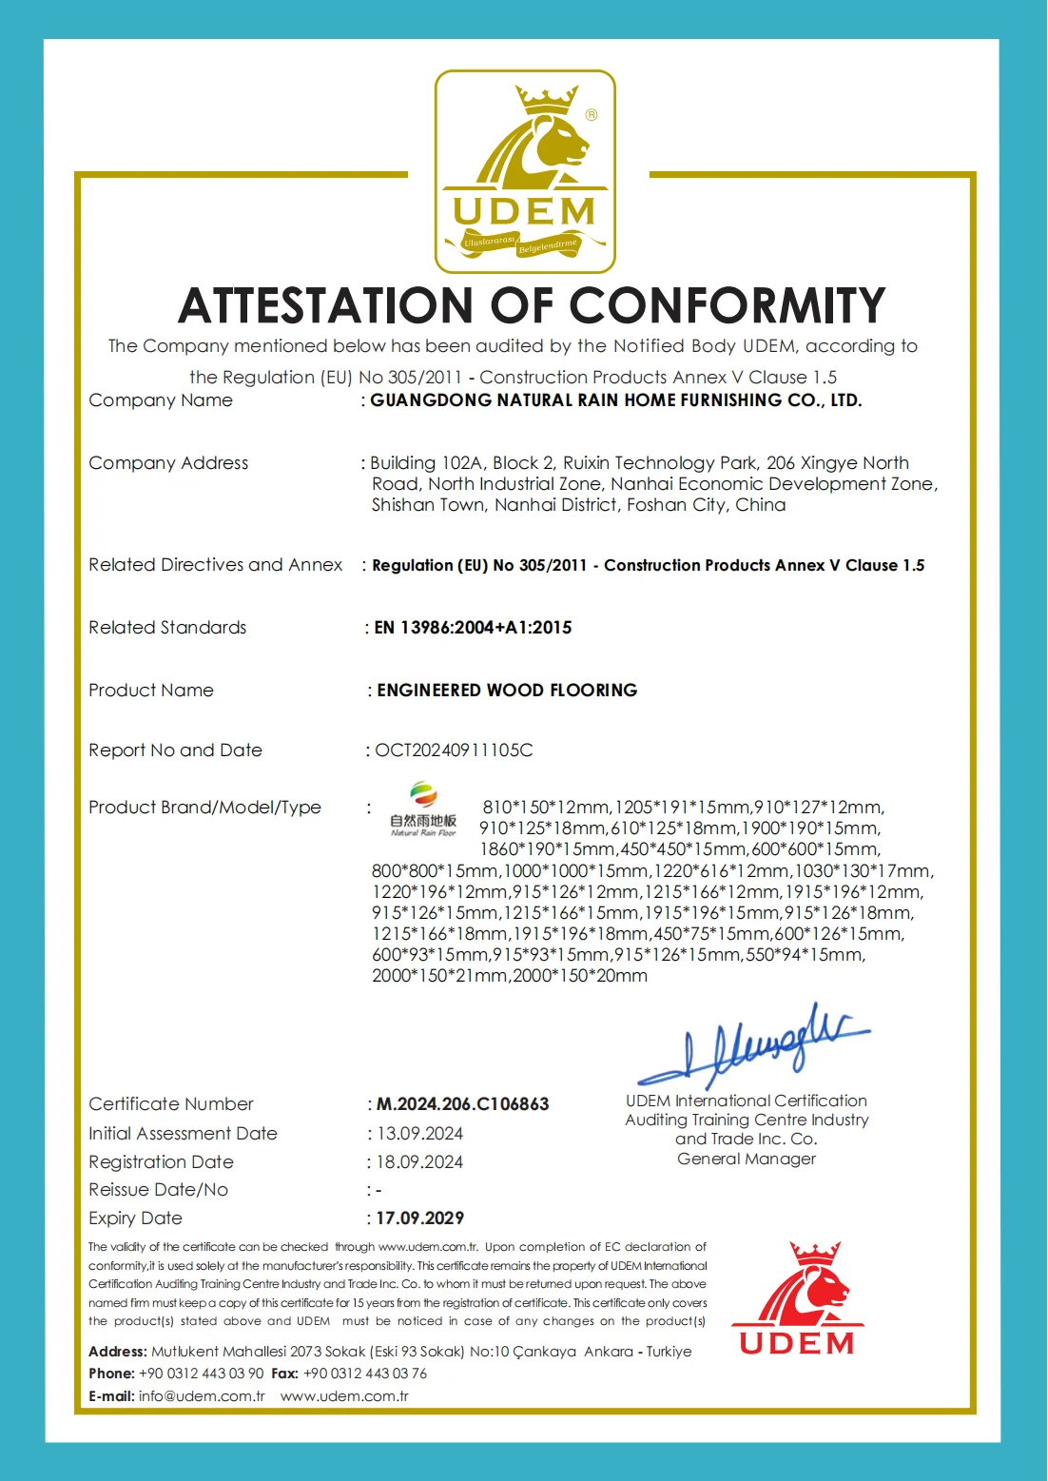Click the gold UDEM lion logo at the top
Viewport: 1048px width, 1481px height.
click(x=525, y=171)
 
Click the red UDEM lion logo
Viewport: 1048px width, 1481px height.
click(x=797, y=1297)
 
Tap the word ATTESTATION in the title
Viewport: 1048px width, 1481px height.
click(x=326, y=306)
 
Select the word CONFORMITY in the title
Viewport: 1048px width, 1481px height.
click(x=728, y=306)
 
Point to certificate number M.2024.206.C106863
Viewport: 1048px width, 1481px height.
click(x=463, y=1104)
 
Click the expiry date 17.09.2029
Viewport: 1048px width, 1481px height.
click(x=419, y=1218)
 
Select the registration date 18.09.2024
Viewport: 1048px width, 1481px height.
click(x=419, y=1162)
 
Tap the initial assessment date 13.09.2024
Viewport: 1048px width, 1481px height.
click(x=419, y=1134)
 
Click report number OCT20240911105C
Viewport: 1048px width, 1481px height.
click(x=454, y=750)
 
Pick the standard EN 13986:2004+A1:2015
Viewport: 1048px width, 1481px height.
click(x=473, y=628)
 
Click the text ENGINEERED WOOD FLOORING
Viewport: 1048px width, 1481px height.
click(x=507, y=691)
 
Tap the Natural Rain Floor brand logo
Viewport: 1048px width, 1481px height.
click(x=423, y=809)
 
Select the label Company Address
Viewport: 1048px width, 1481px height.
click(x=168, y=463)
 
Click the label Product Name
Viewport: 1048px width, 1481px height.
click(x=151, y=691)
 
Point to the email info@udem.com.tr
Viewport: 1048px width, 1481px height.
click(x=202, y=1396)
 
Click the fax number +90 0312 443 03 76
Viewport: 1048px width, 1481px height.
click(x=365, y=1374)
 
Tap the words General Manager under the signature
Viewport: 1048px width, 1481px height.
click(x=747, y=1159)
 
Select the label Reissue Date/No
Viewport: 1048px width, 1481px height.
click(x=159, y=1190)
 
